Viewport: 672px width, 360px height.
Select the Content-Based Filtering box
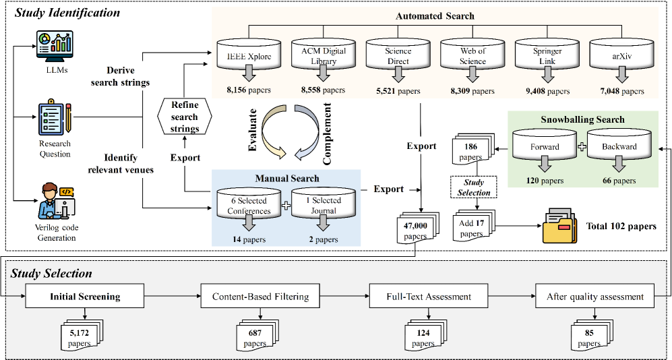click(259, 296)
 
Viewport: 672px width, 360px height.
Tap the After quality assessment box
click(594, 296)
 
